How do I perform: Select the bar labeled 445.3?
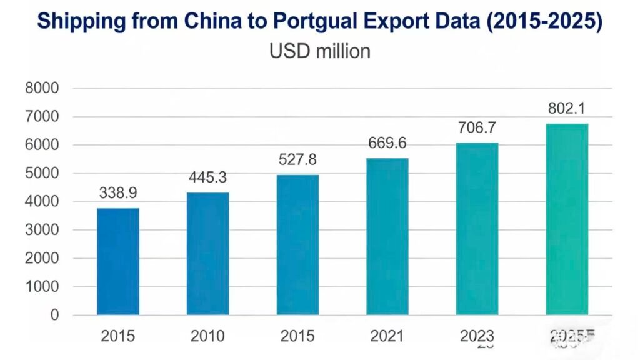207,253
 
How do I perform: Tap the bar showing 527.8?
297,244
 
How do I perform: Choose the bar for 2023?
477,229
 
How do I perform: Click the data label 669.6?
387,144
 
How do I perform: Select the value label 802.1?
567,108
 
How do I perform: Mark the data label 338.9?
118,194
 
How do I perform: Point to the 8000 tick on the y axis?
42,88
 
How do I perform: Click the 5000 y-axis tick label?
42,173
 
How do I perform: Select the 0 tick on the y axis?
55,315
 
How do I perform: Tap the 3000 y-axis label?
42,230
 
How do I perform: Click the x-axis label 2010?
207,336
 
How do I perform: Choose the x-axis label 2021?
387,336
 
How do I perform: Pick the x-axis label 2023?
477,336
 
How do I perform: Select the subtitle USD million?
319,51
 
